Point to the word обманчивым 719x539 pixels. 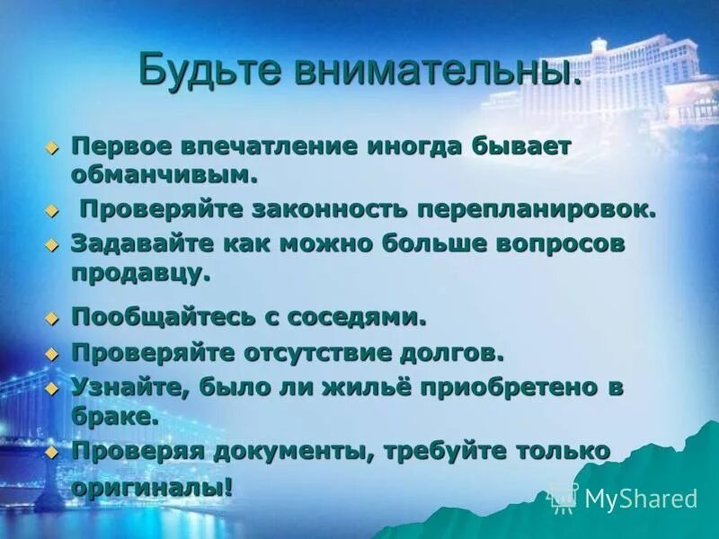pos(164,173)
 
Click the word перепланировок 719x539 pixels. pos(536,209)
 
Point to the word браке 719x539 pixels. pos(115,416)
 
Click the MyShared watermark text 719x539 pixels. pos(640,499)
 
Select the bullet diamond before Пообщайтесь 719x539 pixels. pos(52,317)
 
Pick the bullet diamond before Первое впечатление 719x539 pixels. pos(52,146)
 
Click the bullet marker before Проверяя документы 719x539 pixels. pos(52,452)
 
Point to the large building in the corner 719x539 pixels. pos(647,81)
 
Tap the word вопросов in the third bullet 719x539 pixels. pos(552,243)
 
